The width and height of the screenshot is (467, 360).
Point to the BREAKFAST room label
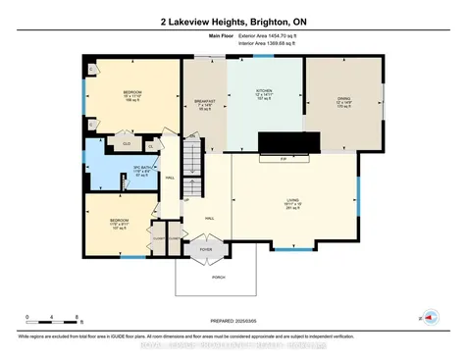[x=205, y=101]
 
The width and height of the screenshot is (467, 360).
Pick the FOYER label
[x=206, y=249]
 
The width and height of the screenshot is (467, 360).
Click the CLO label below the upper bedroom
[x=127, y=143]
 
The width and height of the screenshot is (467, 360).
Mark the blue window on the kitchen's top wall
[x=265, y=56]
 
